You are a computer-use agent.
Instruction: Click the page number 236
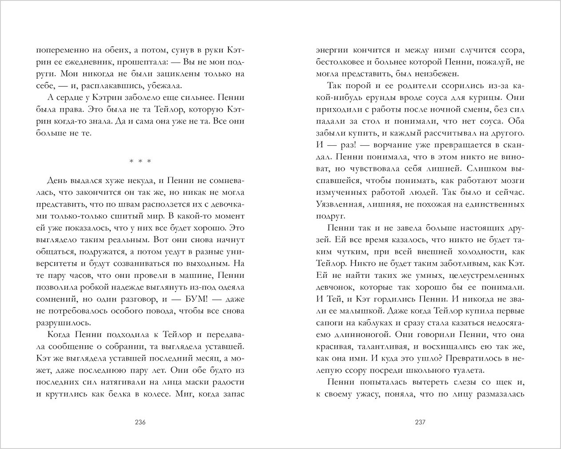point(140,422)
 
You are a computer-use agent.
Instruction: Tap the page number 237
point(420,422)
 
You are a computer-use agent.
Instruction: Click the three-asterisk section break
point(140,161)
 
